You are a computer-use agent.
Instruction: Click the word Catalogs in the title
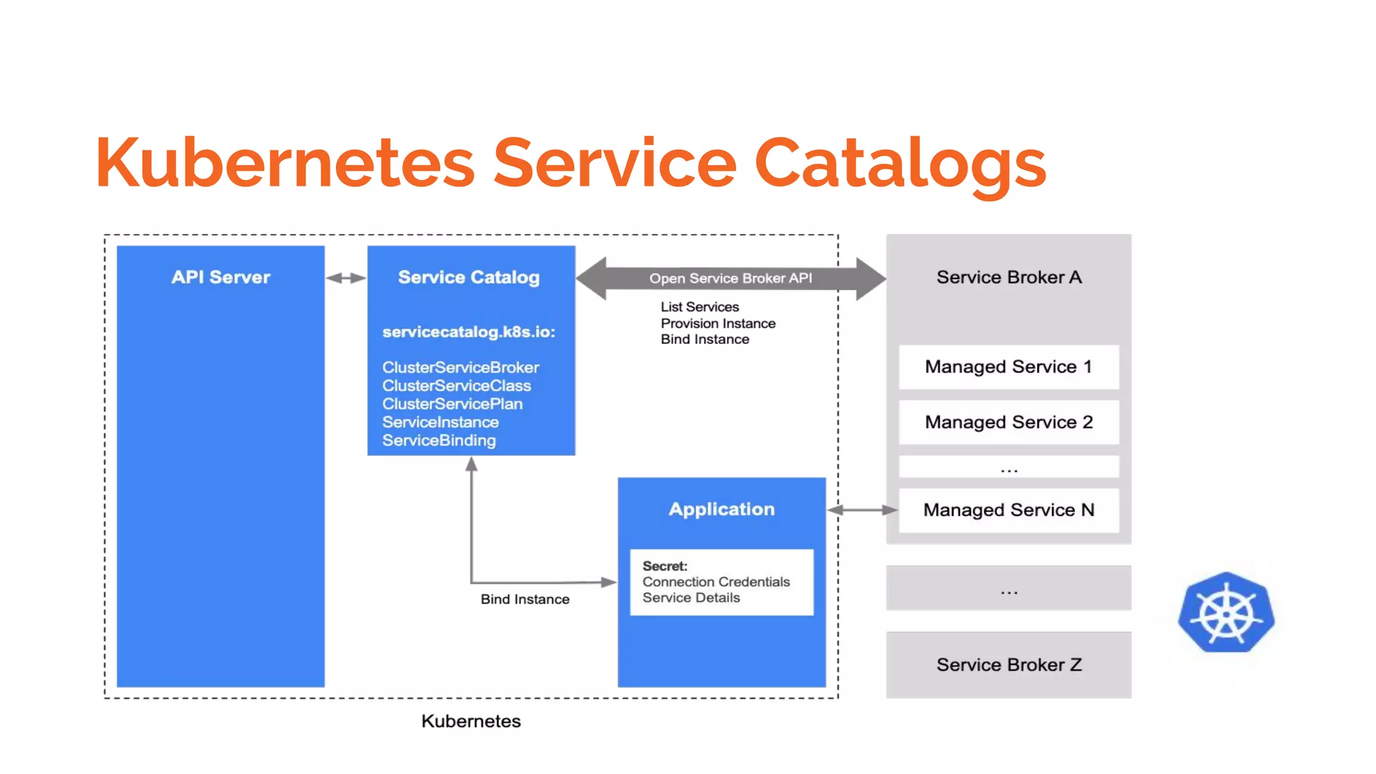click(900, 163)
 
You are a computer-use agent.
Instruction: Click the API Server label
click(220, 277)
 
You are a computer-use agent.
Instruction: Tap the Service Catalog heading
click(468, 277)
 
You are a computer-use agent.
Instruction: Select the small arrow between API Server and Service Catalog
click(346, 277)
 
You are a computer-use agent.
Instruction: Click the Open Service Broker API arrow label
click(730, 278)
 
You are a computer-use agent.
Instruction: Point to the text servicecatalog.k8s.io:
click(468, 332)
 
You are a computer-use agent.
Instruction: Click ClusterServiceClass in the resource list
click(456, 386)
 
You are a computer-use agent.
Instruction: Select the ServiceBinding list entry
click(439, 440)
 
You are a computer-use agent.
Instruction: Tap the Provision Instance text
click(718, 323)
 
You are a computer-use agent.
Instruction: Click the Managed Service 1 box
click(1008, 367)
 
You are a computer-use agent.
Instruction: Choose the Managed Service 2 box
click(1008, 422)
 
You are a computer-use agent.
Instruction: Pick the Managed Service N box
click(1008, 510)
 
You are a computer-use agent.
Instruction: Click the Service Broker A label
click(1008, 277)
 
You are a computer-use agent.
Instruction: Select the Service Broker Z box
click(1008, 664)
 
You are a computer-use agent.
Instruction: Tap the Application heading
click(722, 509)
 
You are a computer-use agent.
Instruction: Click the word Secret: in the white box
click(664, 566)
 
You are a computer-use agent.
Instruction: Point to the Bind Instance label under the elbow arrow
click(525, 599)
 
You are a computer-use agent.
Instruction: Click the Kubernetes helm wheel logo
click(1225, 613)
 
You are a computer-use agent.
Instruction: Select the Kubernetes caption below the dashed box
click(470, 721)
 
